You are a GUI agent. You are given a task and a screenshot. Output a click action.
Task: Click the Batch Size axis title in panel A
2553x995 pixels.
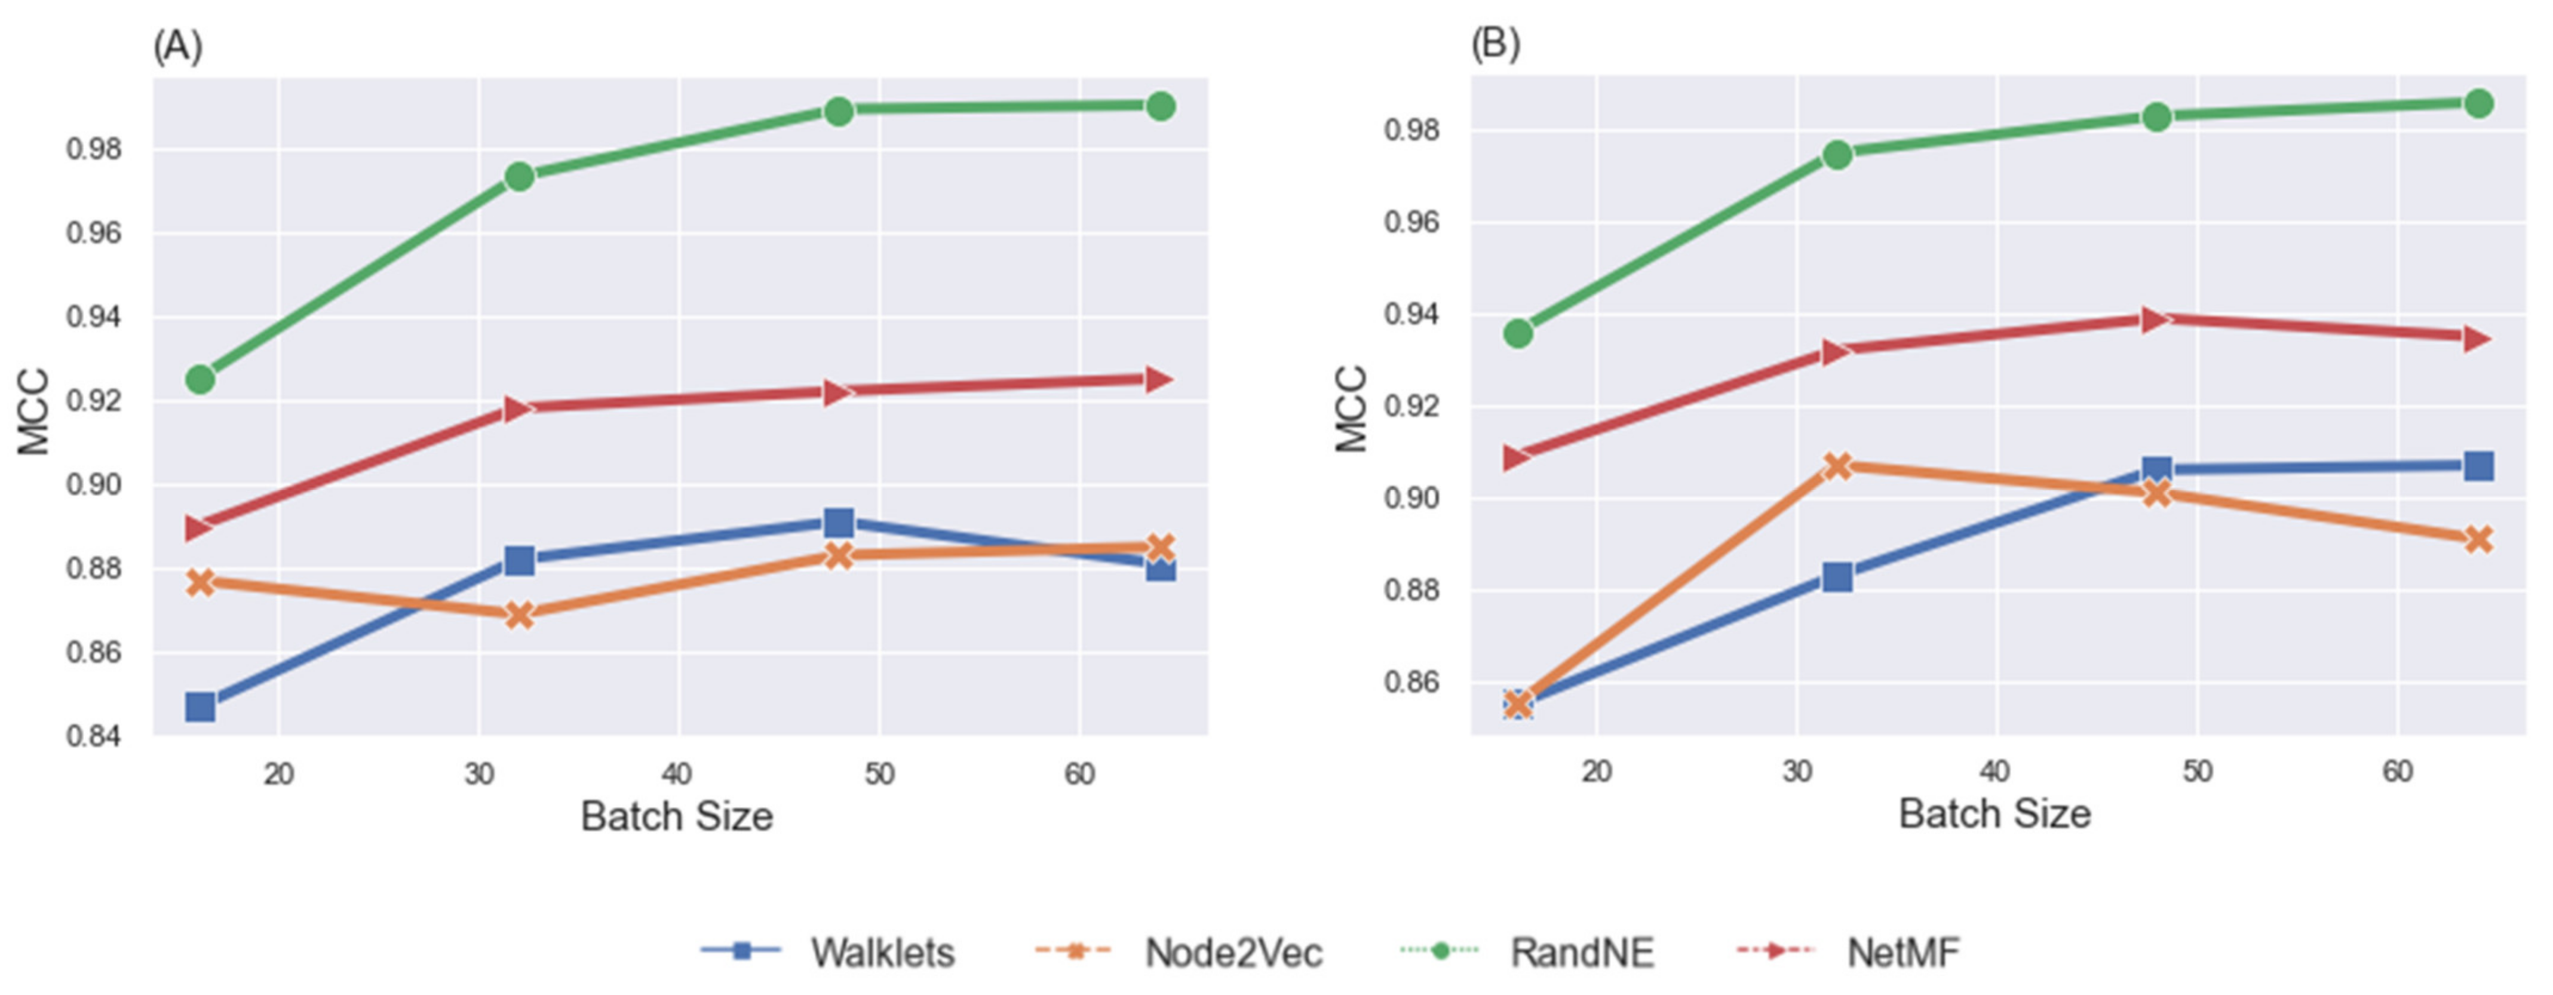(x=677, y=816)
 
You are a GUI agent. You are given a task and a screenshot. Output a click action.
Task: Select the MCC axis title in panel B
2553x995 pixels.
(x=1352, y=409)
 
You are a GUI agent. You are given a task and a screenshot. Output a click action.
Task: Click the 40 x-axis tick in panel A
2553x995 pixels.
(x=679, y=774)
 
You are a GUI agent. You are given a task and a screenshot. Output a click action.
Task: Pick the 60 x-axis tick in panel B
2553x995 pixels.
(x=2396, y=771)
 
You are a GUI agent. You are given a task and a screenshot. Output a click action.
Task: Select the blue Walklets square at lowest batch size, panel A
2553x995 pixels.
(x=200, y=707)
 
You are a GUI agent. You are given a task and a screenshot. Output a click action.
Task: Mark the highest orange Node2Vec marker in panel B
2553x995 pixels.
(x=1837, y=465)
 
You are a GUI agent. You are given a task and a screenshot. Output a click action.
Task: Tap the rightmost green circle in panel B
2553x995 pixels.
(x=2478, y=103)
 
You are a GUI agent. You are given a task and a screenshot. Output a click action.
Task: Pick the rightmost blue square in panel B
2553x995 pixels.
(x=2478, y=466)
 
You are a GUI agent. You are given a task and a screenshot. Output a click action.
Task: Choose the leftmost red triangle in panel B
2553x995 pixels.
(x=1517, y=457)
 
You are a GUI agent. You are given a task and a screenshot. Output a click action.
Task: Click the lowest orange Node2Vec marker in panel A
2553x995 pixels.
(x=519, y=615)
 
